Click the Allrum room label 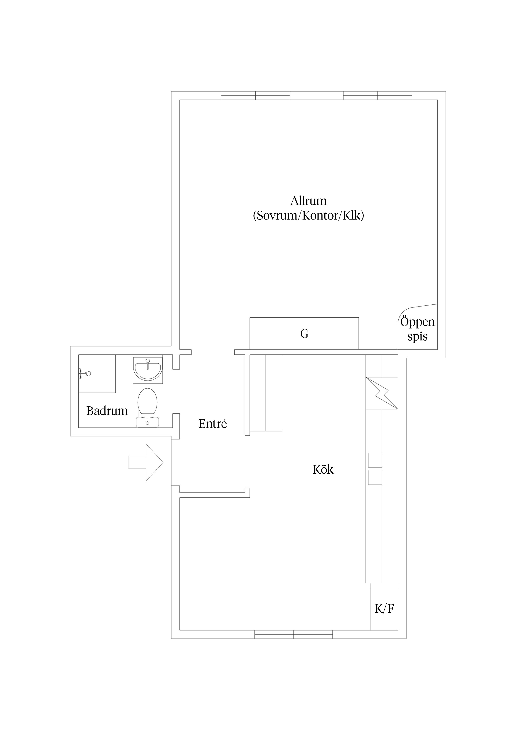(x=308, y=201)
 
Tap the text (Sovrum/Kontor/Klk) (x=308, y=216)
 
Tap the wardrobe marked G (x=304, y=334)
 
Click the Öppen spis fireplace (x=417, y=328)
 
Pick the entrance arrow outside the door (x=146, y=462)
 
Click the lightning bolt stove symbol (x=382, y=393)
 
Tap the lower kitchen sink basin (x=375, y=477)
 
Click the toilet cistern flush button (x=148, y=423)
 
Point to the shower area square (x=97, y=374)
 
